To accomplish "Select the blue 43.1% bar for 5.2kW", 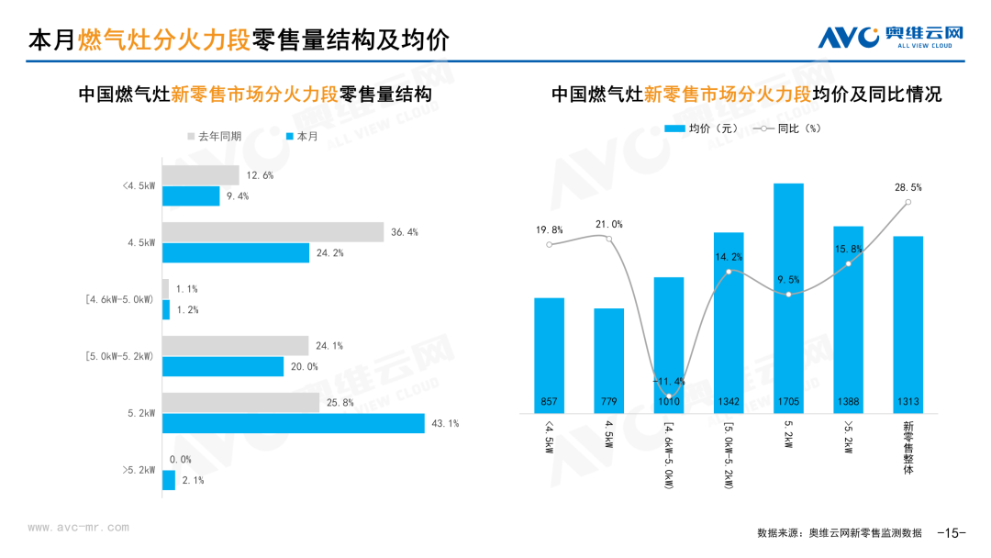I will (294, 423).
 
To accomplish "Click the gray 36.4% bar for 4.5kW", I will (273, 232).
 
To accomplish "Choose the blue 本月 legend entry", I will (302, 136).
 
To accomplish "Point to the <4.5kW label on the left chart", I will (139, 185).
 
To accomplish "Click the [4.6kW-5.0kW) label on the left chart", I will (118, 299).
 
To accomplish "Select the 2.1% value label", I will (192, 480).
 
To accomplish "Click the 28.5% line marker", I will (907, 202).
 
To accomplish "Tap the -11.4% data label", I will (668, 381).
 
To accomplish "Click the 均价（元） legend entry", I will (703, 128).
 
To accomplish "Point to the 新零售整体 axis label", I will (908, 447).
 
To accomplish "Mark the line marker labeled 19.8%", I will (549, 244).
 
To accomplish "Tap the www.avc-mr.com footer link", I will (79, 528).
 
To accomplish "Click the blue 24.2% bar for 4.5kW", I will (236, 252).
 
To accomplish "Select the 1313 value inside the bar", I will (907, 402).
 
